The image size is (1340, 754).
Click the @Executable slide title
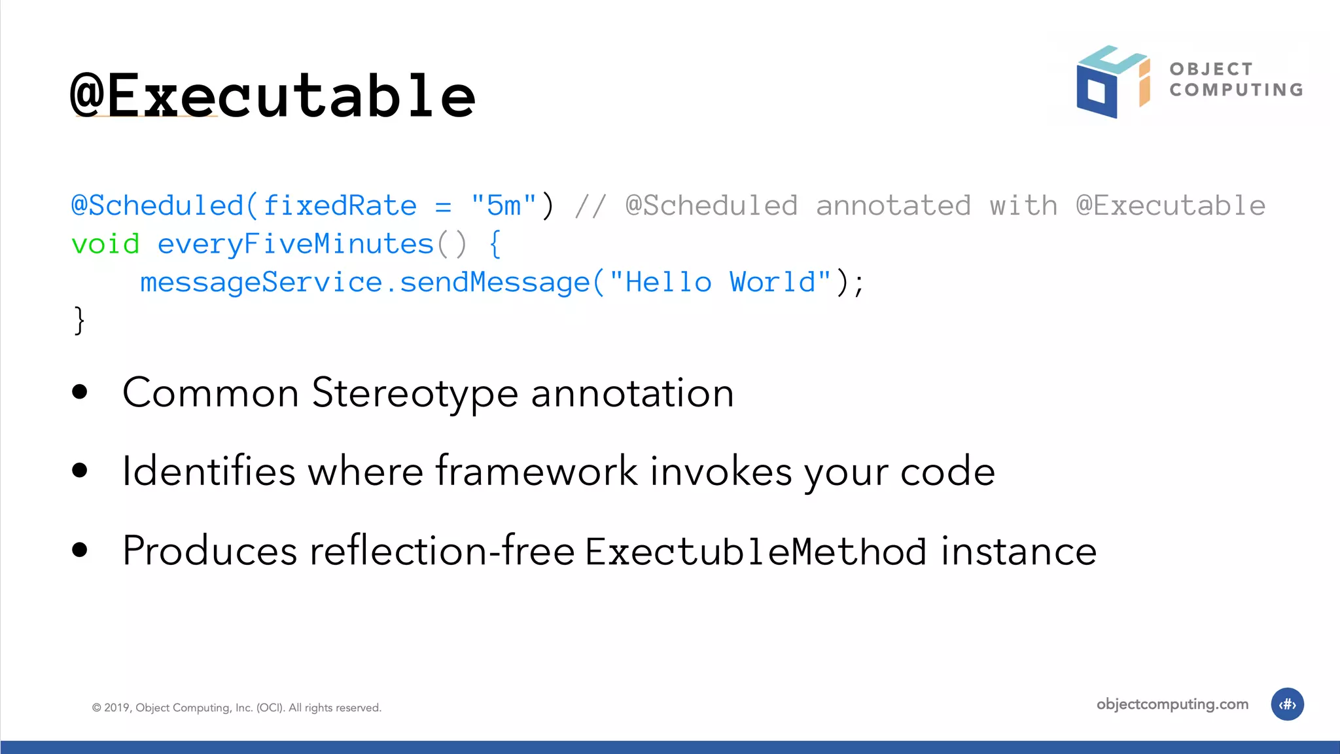(x=273, y=96)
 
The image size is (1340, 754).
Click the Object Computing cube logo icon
(x=1112, y=82)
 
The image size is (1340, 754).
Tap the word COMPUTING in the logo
(x=1236, y=90)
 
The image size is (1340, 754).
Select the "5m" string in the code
(x=503, y=206)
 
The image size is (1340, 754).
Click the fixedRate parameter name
(x=340, y=206)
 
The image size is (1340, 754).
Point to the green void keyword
(x=105, y=244)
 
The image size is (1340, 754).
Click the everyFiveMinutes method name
(x=296, y=244)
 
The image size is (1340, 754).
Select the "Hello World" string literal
(x=720, y=282)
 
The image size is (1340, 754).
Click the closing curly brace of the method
(x=79, y=321)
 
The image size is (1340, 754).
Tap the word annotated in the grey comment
(x=893, y=206)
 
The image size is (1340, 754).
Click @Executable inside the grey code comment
(x=1171, y=206)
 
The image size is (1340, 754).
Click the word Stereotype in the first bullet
(x=415, y=393)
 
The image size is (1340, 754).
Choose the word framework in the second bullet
(x=537, y=471)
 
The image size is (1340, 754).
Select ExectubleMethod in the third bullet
(x=755, y=551)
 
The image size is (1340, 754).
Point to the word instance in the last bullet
(x=1018, y=551)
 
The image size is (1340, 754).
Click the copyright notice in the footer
(x=236, y=708)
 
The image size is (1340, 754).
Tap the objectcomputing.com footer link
(x=1172, y=704)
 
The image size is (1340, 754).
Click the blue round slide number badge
(x=1287, y=704)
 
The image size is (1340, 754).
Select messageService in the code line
(x=261, y=282)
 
